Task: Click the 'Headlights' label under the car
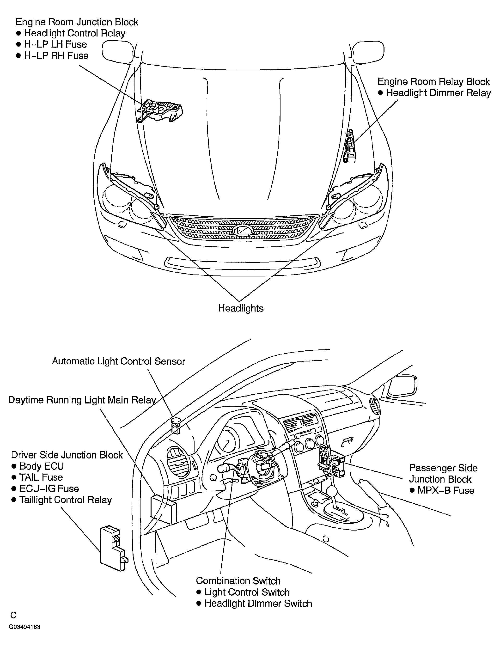(x=241, y=308)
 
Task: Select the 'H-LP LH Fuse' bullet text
(x=55, y=44)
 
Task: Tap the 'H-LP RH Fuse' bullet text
(x=56, y=56)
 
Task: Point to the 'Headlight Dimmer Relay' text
(x=438, y=93)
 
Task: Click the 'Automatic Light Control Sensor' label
(x=118, y=361)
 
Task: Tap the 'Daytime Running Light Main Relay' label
(x=82, y=400)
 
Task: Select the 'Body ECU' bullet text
(x=42, y=466)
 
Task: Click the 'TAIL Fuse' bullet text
(x=41, y=477)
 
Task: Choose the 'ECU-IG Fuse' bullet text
(x=49, y=489)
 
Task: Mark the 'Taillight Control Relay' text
(x=66, y=500)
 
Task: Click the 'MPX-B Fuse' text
(x=446, y=491)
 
